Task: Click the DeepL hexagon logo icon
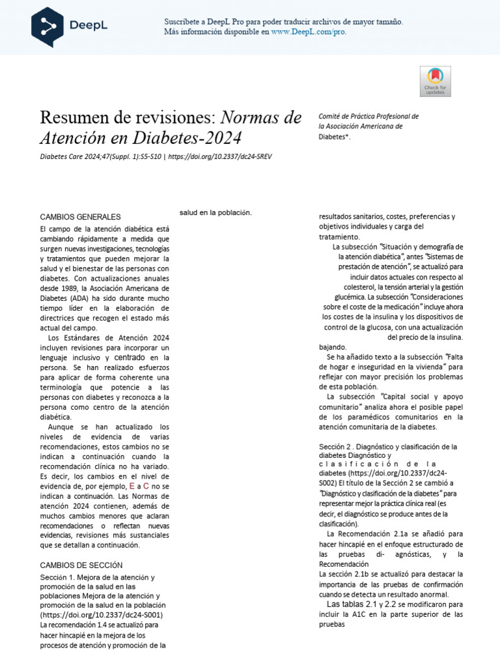tap(53, 27)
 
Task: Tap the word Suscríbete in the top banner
tap(184, 21)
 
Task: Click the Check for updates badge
tap(435, 82)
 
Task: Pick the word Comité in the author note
tap(331, 116)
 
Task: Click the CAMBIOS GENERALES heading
tap(80, 216)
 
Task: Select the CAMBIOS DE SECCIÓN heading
tap(81, 565)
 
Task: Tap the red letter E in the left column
tap(132, 486)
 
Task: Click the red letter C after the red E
tap(146, 486)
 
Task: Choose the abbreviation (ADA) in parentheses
tap(77, 298)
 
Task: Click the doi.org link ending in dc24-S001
tap(102, 614)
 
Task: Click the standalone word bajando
tap(333, 347)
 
